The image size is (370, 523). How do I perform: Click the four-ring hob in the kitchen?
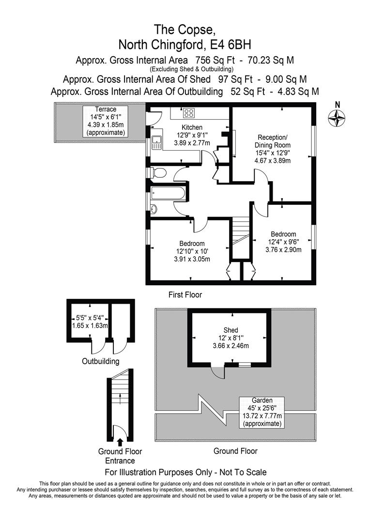point(188,113)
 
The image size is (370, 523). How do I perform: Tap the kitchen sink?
point(156,142)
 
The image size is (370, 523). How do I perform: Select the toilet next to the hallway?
point(158,173)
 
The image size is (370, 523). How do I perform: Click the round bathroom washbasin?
point(154,209)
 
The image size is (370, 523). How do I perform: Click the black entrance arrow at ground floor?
point(120,442)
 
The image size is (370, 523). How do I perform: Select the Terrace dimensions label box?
point(106,121)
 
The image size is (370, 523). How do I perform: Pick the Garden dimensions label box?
point(262,412)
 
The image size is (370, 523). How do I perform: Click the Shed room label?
point(231,330)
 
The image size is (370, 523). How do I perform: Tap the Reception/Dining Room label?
point(272,141)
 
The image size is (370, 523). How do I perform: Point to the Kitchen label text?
point(192,127)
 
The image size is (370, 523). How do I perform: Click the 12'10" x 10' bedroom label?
point(192,251)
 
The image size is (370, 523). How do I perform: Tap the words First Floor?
point(185,294)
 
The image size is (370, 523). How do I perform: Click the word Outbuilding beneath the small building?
point(100,361)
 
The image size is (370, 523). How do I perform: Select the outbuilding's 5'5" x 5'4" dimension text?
point(90,317)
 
